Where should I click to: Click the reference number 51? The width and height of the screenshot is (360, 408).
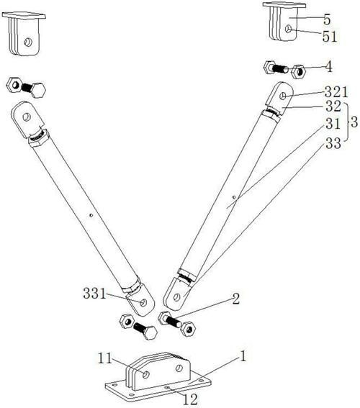330,37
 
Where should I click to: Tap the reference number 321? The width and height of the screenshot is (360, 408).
336,92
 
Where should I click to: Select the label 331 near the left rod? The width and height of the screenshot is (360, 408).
94,294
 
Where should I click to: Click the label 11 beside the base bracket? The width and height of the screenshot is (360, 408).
105,358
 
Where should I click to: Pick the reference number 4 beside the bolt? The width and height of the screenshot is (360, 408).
329,67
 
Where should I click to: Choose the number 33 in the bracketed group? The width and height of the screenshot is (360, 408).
333,143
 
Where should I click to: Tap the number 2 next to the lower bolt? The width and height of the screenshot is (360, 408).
235,299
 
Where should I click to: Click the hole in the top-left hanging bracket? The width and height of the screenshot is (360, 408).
28,42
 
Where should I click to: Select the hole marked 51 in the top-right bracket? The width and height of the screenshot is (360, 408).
288,29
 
